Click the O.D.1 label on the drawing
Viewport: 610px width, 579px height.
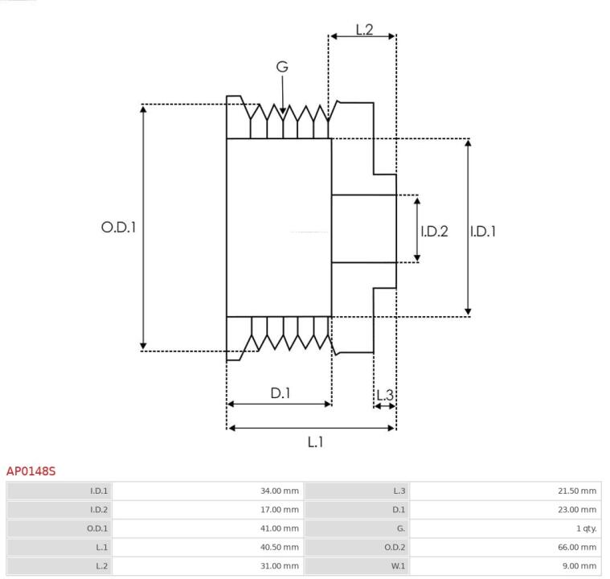point(118,228)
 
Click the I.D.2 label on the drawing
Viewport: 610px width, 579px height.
point(434,231)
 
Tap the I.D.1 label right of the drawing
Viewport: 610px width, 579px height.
point(483,231)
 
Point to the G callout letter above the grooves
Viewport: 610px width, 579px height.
point(282,67)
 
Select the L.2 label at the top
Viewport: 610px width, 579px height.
point(364,30)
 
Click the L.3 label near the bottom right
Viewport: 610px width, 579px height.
point(385,395)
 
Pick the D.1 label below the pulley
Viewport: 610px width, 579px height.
point(280,393)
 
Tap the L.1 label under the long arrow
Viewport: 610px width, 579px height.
point(315,441)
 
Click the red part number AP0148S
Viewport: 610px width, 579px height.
point(31,470)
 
